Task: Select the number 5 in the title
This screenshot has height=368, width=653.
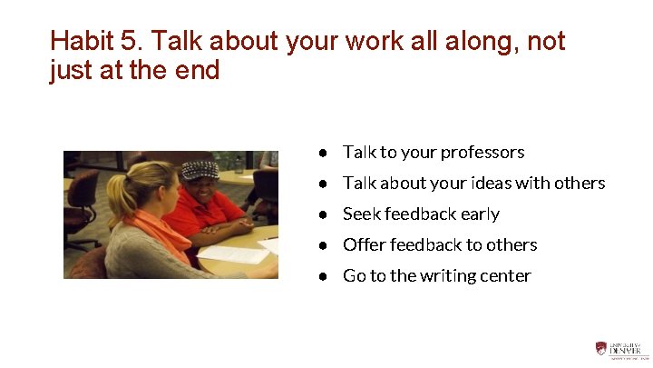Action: pos(131,42)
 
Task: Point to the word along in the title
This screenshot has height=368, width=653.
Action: pos(491,42)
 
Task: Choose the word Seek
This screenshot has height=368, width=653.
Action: pos(361,214)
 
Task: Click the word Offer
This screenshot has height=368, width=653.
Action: pos(364,245)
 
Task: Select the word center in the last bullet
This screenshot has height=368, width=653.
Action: pos(502,276)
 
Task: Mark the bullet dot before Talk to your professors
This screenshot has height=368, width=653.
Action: pos(323,153)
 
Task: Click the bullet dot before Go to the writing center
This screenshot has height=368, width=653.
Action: pos(323,276)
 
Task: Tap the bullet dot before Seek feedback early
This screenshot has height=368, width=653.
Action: pos(323,214)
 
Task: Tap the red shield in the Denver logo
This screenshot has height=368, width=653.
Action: pos(600,348)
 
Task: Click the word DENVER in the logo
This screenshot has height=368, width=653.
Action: pos(626,351)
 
